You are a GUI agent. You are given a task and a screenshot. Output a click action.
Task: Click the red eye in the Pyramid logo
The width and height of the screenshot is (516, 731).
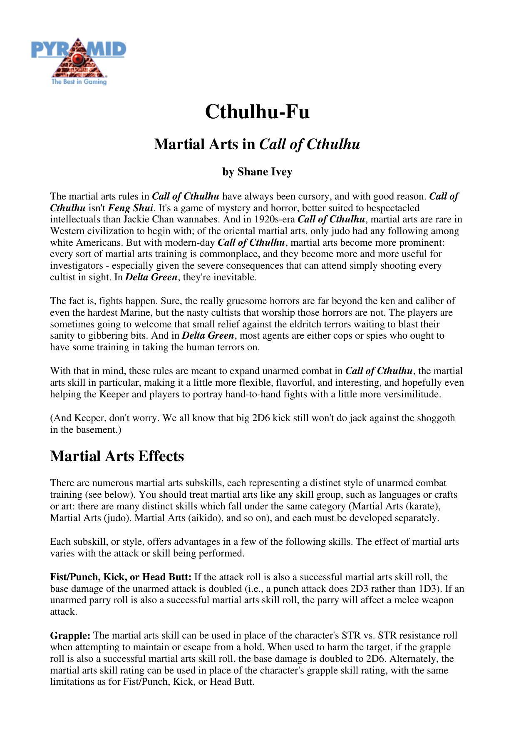pyautogui.click(x=77, y=60)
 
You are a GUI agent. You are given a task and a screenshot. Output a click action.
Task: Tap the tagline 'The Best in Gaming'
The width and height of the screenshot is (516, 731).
pyautogui.click(x=79, y=82)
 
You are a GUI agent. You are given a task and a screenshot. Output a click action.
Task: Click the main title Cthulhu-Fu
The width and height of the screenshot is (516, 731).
pyautogui.click(x=257, y=112)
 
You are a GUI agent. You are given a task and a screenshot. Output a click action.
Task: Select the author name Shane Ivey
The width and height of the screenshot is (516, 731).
pyautogui.click(x=265, y=172)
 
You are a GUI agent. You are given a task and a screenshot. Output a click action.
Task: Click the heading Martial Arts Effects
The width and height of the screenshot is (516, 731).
pyautogui.click(x=117, y=456)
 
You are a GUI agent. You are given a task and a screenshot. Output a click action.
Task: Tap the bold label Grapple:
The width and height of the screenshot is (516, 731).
pyautogui.click(x=70, y=636)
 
